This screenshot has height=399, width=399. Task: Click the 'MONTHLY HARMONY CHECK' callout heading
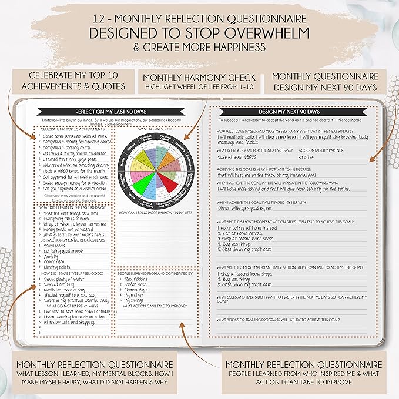[x=199, y=77]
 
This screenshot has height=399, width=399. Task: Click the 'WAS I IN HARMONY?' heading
[x=157, y=129]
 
